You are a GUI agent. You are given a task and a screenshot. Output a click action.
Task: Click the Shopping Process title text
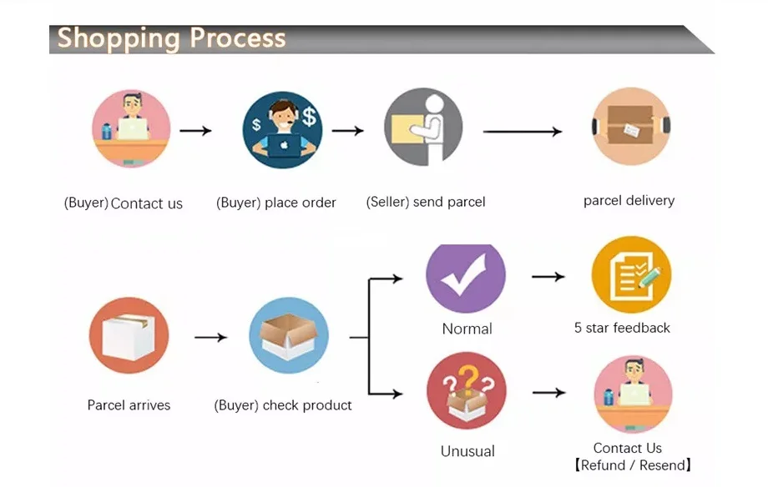click(171, 38)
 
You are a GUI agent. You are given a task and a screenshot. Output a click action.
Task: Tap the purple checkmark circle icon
click(466, 279)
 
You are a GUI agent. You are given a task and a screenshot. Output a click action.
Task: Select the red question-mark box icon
click(466, 391)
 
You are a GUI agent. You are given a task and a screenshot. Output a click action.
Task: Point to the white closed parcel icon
click(129, 336)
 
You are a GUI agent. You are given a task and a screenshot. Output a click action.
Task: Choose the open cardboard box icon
click(288, 336)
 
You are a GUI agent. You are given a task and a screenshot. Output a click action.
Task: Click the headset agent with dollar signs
click(282, 129)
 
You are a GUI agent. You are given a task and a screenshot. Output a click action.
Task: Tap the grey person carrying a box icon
click(423, 128)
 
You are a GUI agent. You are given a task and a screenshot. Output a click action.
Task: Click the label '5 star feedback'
click(622, 328)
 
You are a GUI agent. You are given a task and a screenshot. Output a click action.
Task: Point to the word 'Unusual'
click(467, 451)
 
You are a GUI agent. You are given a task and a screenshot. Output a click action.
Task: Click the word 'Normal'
click(467, 329)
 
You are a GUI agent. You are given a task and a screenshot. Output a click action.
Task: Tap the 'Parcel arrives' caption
click(129, 405)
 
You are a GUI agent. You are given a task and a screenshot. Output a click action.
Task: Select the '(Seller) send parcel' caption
click(426, 202)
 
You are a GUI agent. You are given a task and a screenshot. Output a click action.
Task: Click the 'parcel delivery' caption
click(629, 200)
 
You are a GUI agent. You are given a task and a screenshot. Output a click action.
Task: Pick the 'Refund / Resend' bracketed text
click(633, 465)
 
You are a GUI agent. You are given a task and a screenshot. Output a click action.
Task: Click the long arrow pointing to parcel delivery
click(523, 132)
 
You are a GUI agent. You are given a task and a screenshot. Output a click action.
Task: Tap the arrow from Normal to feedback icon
click(548, 276)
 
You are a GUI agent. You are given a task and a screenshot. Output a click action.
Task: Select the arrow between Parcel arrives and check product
click(210, 337)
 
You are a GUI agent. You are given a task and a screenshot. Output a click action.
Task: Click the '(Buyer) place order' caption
click(276, 203)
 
